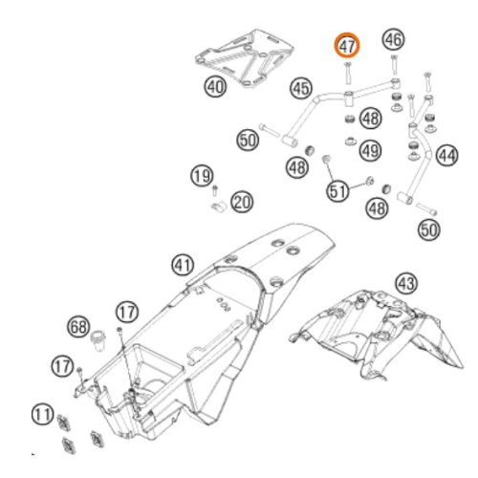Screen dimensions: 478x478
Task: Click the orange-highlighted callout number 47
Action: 346,46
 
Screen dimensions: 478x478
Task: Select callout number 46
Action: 394,39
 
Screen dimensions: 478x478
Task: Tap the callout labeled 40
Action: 215,86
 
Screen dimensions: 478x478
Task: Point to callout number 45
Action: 301,88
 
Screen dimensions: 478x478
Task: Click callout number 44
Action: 447,155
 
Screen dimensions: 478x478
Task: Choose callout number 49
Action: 371,150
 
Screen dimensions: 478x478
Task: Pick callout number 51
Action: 337,191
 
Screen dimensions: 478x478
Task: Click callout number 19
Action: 202,176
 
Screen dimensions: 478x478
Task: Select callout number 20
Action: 242,202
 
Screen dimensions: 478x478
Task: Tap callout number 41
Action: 183,265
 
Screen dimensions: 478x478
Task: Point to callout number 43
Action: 406,283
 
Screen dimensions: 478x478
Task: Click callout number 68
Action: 78,327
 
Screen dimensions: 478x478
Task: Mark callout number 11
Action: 43,415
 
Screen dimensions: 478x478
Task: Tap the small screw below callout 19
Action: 215,190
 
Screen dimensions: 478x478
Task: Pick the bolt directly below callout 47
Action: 347,74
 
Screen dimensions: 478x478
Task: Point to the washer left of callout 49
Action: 350,141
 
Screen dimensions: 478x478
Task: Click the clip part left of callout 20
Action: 219,206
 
